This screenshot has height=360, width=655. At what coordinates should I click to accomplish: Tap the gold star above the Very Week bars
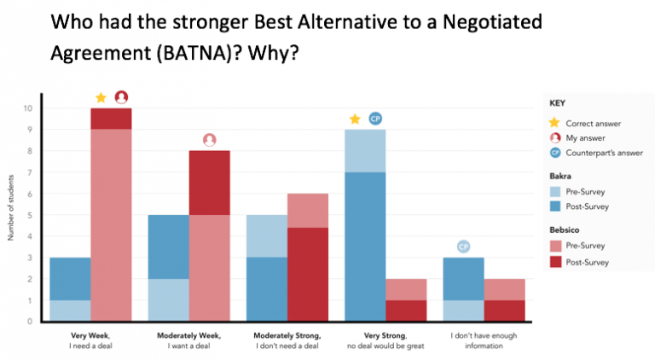click(x=101, y=97)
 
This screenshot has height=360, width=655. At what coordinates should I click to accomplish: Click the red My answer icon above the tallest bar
click(x=121, y=97)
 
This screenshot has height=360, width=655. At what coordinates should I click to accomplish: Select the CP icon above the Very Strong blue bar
click(x=374, y=119)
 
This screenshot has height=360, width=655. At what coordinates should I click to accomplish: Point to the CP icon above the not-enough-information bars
click(x=464, y=247)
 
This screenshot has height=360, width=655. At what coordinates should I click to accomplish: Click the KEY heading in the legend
click(x=557, y=102)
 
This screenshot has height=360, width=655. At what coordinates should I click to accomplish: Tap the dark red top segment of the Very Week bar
click(x=111, y=119)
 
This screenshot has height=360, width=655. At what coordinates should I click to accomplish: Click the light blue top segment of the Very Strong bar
click(x=366, y=151)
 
